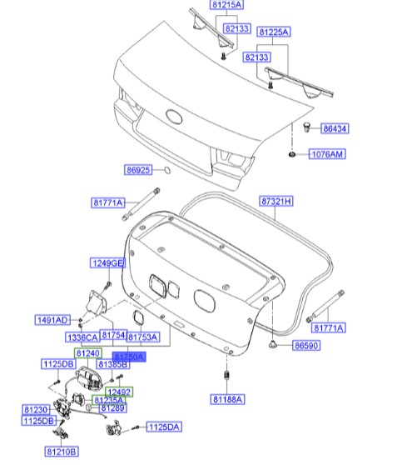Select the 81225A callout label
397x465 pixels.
coord(273,32)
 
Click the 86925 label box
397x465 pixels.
coord(139,171)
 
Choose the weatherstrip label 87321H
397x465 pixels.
coord(277,202)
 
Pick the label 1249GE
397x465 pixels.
coord(107,264)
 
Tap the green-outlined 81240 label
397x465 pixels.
coord(88,353)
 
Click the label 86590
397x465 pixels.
coord(308,344)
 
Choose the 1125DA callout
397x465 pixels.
coord(162,427)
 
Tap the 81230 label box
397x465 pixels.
coord(36,410)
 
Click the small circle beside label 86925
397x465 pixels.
coord(166,171)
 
